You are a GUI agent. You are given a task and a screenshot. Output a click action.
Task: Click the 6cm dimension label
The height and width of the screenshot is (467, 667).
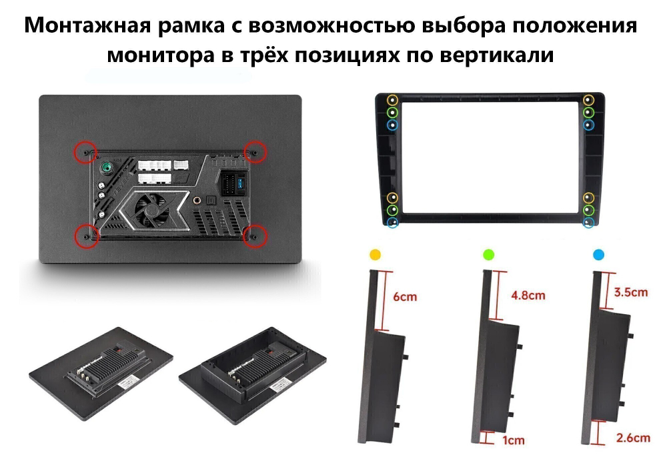coord(405,296)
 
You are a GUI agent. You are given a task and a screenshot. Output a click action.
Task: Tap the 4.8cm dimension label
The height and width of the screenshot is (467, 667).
coord(527,295)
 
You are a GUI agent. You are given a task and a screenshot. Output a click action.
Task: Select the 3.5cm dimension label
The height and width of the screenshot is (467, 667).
coord(630,292)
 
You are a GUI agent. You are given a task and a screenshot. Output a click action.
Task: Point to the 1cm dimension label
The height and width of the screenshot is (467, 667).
coord(514,440)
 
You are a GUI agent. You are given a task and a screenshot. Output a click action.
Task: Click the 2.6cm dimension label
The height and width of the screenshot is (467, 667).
coord(633,438)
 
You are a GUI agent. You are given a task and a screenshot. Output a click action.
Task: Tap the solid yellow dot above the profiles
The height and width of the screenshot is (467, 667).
coord(376,254)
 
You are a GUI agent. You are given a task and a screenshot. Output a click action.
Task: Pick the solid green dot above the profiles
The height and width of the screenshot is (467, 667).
coord(488,254)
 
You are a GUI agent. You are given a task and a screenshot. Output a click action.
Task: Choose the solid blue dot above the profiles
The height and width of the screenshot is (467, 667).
coord(598,254)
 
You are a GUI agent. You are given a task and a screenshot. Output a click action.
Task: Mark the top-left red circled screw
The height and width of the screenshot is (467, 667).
coord(85,152)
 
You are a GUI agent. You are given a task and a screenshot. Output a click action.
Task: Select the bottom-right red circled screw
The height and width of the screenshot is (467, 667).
coord(255,235)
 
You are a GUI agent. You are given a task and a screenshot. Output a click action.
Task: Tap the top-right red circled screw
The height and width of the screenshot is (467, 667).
coord(254,151)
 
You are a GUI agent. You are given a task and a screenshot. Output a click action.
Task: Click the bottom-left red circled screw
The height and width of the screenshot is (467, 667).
coord(85,235)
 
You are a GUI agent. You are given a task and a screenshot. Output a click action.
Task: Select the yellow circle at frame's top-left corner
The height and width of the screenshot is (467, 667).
coord(392,100)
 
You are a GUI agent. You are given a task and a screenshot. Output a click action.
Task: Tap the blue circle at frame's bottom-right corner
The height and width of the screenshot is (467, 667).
coord(588,222)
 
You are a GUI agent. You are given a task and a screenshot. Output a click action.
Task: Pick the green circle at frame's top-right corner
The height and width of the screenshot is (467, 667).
coord(588,112)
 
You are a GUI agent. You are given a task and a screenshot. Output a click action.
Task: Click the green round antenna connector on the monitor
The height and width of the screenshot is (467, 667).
coord(106,168)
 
